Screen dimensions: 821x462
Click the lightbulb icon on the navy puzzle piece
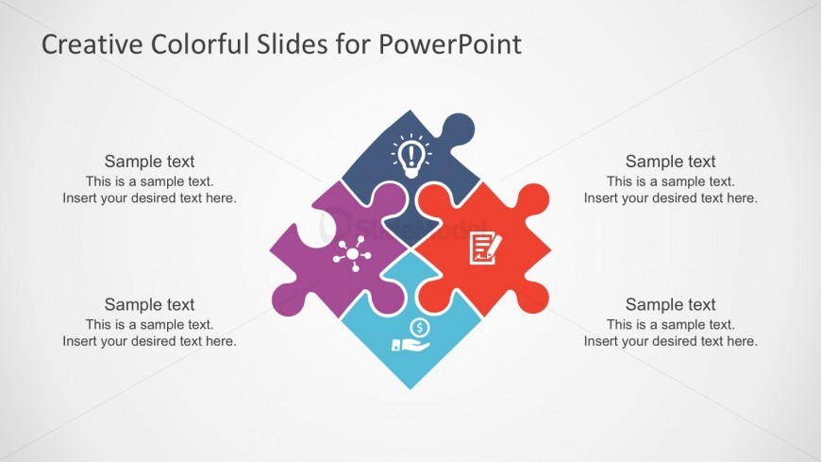click(x=411, y=156)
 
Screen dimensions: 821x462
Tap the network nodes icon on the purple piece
click(x=352, y=254)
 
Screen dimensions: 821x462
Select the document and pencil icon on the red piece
click(x=485, y=248)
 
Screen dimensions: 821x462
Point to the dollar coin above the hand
click(x=420, y=328)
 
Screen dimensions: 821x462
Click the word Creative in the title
click(x=92, y=43)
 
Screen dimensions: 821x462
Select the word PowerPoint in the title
click(x=450, y=43)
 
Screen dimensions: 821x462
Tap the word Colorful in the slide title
click(x=199, y=43)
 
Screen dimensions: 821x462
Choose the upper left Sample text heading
click(x=149, y=162)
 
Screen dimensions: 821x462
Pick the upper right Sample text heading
click(x=670, y=162)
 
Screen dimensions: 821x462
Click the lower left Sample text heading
click(x=149, y=304)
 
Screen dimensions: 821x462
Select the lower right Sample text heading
click(x=670, y=304)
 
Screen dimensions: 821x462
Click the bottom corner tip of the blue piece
click(x=410, y=388)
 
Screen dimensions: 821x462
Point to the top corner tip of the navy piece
click(x=410, y=111)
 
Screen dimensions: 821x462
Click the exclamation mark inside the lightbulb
click(x=411, y=154)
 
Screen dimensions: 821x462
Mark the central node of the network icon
click(x=352, y=255)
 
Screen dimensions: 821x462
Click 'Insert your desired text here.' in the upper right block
click(x=671, y=198)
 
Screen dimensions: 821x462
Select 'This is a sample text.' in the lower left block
click(x=150, y=325)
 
